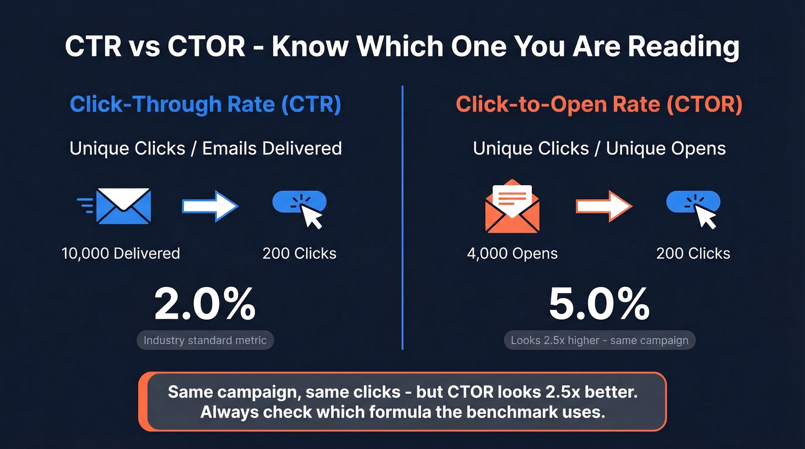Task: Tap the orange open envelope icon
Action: click(x=512, y=206)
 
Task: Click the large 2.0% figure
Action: click(x=205, y=305)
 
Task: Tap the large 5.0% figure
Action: click(x=599, y=305)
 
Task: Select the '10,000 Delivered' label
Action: click(x=121, y=254)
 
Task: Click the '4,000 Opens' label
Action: click(x=512, y=254)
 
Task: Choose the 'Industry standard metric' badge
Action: click(x=205, y=340)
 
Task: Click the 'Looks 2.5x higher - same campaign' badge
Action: click(x=600, y=340)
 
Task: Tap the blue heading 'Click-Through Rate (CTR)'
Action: click(x=205, y=105)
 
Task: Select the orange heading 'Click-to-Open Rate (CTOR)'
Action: click(x=599, y=105)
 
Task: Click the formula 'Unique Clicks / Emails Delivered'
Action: click(x=205, y=148)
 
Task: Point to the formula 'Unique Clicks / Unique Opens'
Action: click(x=599, y=148)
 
